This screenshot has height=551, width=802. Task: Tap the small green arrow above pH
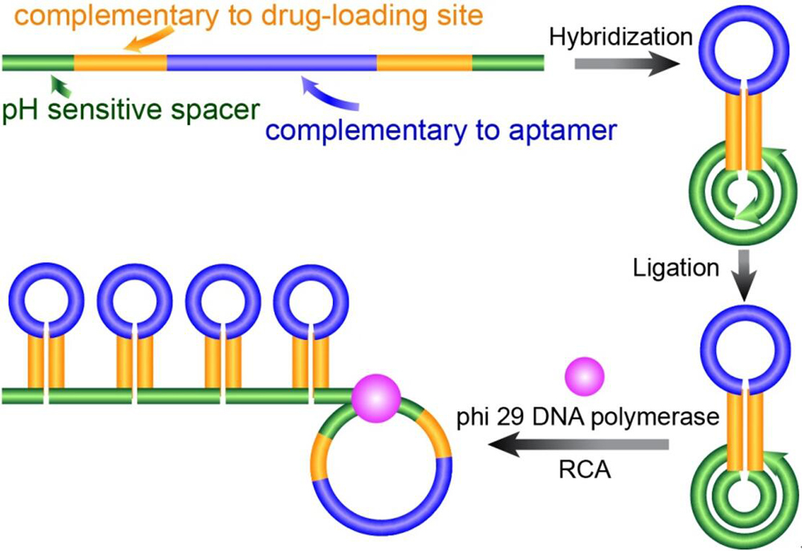tap(55, 82)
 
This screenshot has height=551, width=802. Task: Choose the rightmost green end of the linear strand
tap(508, 61)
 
